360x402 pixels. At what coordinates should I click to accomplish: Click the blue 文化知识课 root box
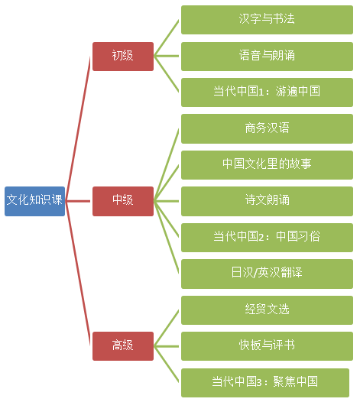point(34,200)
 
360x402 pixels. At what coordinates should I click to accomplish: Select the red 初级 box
point(122,56)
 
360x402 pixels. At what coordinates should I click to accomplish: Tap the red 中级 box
point(122,200)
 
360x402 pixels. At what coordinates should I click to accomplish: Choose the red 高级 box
point(122,345)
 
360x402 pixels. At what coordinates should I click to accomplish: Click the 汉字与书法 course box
point(267,19)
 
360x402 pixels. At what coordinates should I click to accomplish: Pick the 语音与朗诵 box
point(267,56)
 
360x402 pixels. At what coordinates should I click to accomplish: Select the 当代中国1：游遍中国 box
point(267,92)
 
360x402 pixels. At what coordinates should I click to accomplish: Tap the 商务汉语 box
point(267,128)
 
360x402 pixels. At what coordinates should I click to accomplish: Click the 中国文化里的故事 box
point(267,164)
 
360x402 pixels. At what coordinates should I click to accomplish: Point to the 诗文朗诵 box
point(267,200)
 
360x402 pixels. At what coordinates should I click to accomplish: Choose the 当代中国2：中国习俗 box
point(267,237)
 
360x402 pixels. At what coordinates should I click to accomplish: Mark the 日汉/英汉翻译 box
point(267,273)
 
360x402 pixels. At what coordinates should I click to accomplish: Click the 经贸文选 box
point(267,309)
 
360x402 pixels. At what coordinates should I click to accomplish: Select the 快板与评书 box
point(267,345)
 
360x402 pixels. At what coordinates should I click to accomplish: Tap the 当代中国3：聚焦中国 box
point(265,381)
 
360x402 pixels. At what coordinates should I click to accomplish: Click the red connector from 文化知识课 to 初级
point(79,128)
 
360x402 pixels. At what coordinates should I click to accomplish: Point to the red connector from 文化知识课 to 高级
point(79,273)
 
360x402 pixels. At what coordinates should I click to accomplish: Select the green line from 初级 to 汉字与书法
point(167,37)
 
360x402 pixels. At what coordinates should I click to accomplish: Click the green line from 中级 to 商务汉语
point(167,164)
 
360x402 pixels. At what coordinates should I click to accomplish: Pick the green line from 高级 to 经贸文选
point(167,327)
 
